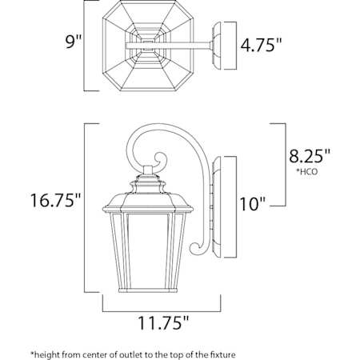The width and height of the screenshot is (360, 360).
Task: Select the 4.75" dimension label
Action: [261, 44]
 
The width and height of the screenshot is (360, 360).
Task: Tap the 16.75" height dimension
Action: [55, 200]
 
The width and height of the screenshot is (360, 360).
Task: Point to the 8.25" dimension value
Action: [310, 156]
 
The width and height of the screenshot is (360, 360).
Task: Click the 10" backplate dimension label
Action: [253, 204]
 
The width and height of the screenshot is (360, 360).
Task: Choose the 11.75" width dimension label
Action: [163, 322]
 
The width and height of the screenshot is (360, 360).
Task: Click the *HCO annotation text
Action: [307, 171]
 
